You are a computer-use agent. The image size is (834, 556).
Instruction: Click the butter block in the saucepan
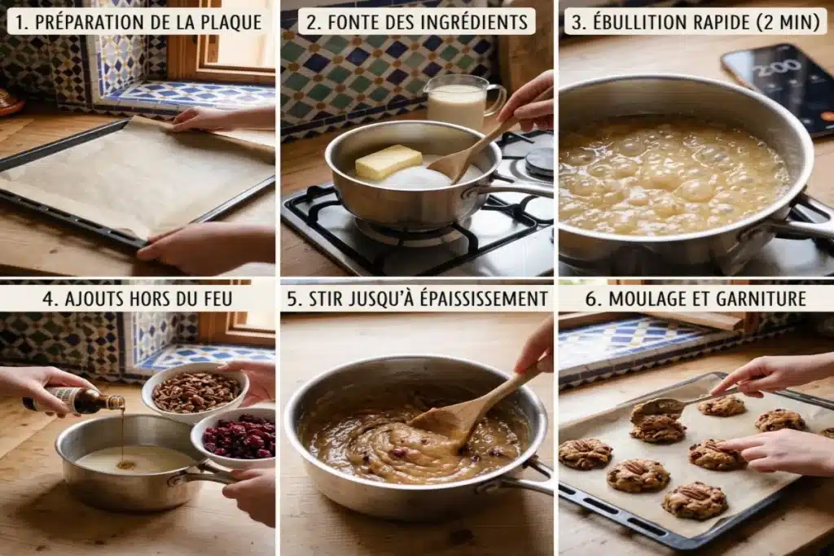(x=388, y=161)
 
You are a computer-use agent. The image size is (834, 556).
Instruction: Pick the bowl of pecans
(x=195, y=392)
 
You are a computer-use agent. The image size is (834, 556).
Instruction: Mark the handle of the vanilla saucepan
(x=204, y=473)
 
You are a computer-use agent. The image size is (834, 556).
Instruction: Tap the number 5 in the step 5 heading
(x=292, y=299)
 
